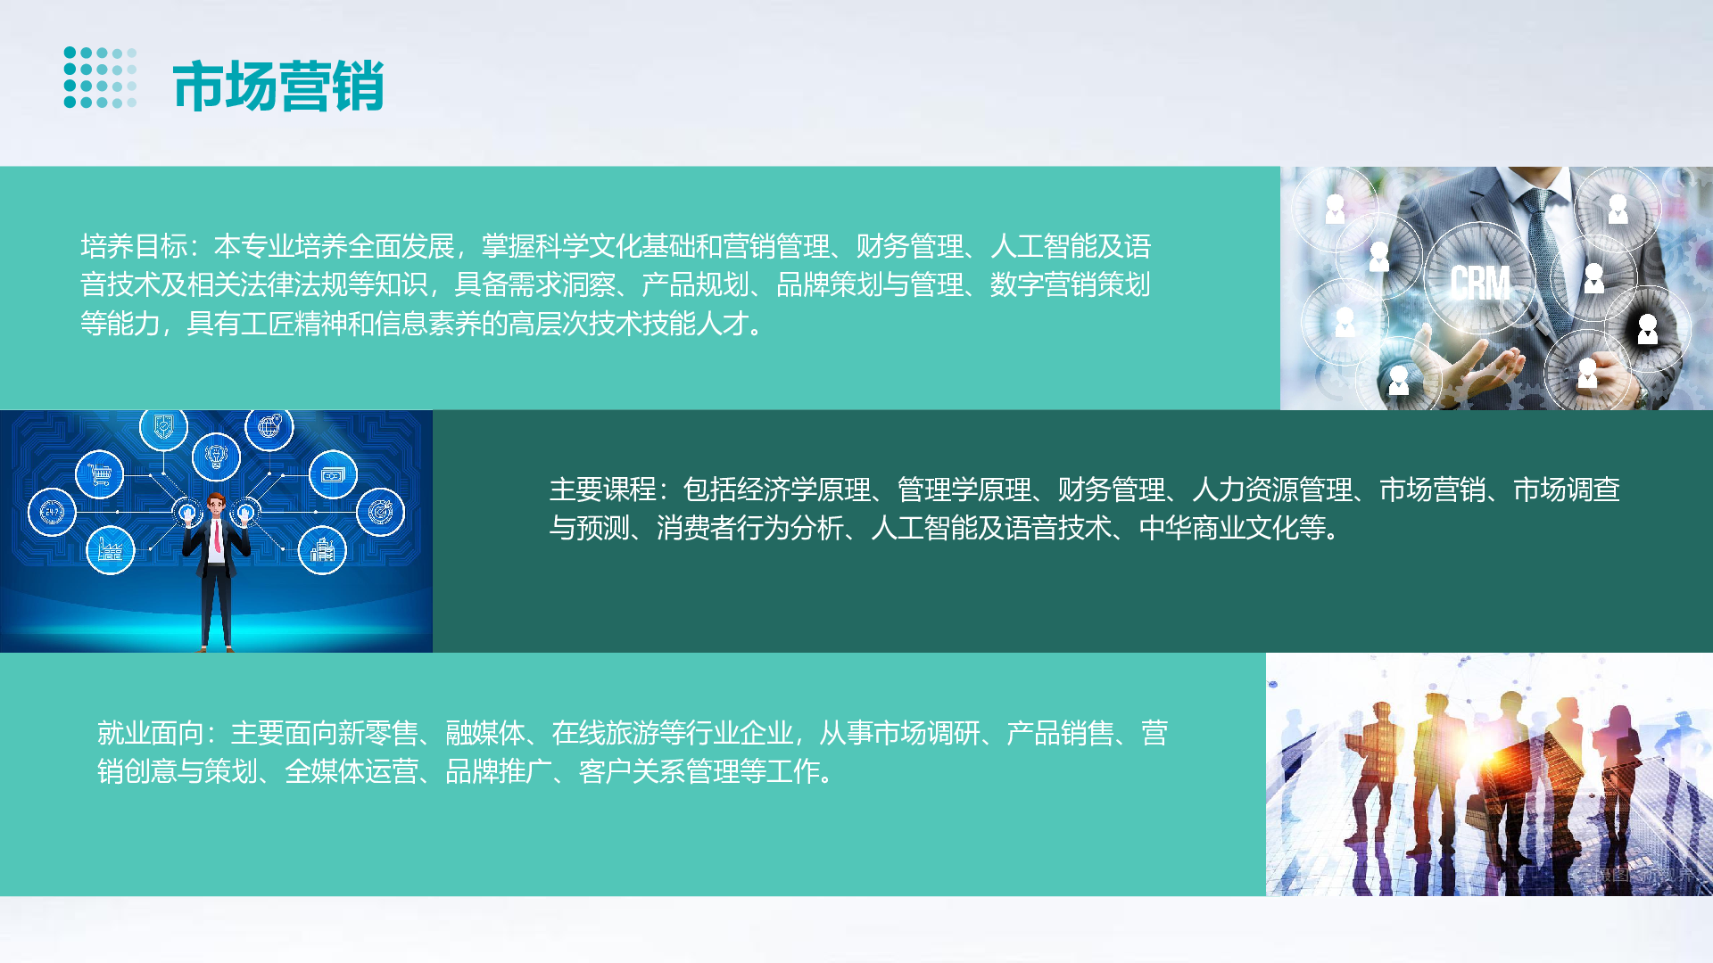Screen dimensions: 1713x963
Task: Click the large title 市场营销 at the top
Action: [278, 86]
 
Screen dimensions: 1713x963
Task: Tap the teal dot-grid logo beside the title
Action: [100, 78]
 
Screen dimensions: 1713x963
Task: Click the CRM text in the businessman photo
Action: [1480, 284]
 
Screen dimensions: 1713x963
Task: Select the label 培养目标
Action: [134, 246]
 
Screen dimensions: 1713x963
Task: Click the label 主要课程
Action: [603, 490]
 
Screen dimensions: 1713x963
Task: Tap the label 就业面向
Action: [151, 733]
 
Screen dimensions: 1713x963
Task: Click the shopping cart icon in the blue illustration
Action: [99, 473]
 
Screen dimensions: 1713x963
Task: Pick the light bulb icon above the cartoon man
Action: [216, 457]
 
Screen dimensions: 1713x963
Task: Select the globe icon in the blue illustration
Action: [269, 427]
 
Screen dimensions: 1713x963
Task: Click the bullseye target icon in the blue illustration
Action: [381, 512]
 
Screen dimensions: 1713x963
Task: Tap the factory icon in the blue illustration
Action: [110, 550]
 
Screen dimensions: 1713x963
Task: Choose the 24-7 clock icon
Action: [52, 512]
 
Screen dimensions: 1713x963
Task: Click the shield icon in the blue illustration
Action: [163, 427]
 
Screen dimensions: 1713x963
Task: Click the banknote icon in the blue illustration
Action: [333, 475]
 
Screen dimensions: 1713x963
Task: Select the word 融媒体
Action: [485, 733]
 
